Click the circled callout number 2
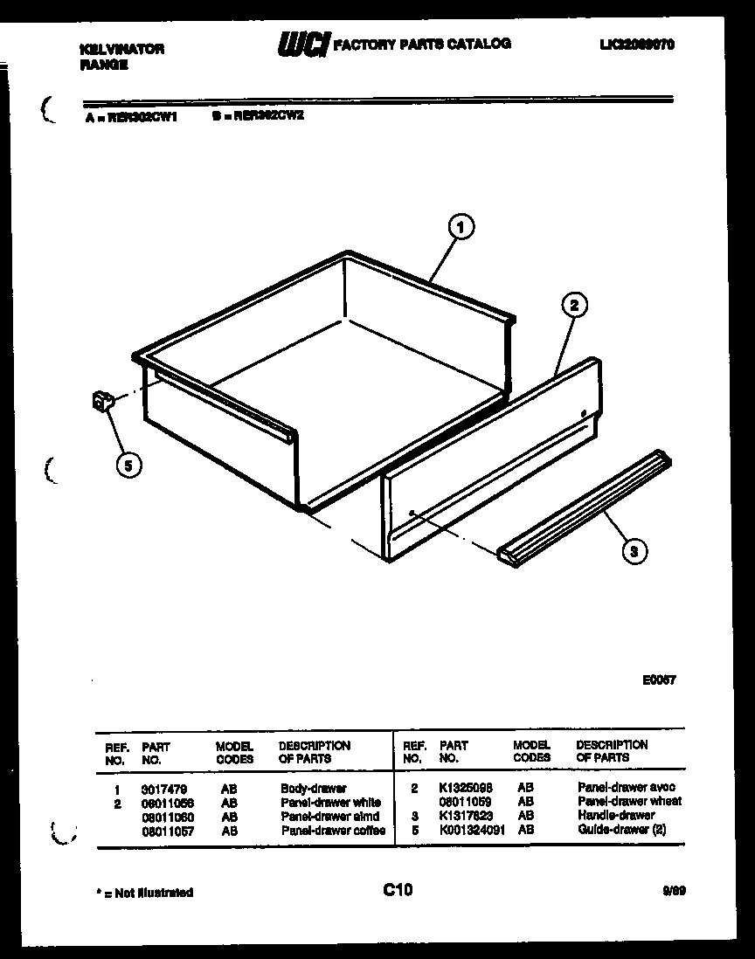coord(573,305)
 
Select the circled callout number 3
coord(634,550)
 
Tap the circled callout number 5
coord(128,465)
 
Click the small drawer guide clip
coord(102,403)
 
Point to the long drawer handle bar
coord(584,507)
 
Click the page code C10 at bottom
coord(398,890)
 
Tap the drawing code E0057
coord(659,680)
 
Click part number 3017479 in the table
coord(163,789)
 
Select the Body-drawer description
coord(314,789)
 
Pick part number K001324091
coord(472,830)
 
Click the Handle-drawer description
coord(616,816)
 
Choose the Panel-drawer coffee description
coord(333,831)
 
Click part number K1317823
coord(466,816)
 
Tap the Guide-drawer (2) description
coord(621,830)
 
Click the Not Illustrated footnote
coord(143,893)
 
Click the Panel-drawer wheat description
coord(629,802)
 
